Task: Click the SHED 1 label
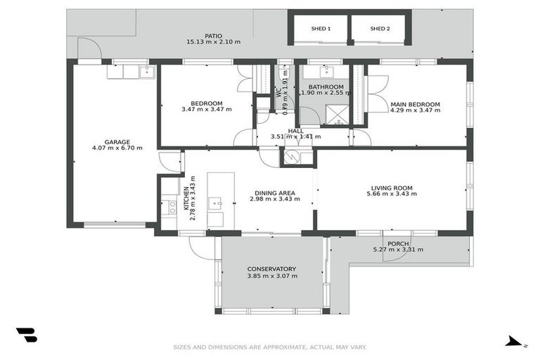point(321,29)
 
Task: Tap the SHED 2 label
point(380,29)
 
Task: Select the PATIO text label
point(213,35)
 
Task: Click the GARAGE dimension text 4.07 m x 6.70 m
point(117,148)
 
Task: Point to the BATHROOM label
point(326,87)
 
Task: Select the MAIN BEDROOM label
point(415,104)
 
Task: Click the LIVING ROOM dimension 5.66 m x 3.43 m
point(392,194)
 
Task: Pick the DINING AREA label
point(274,193)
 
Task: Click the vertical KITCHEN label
point(186,198)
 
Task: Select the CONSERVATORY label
point(271,269)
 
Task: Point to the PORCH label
point(398,243)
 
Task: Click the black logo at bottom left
point(26,335)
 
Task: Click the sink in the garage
point(146,72)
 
